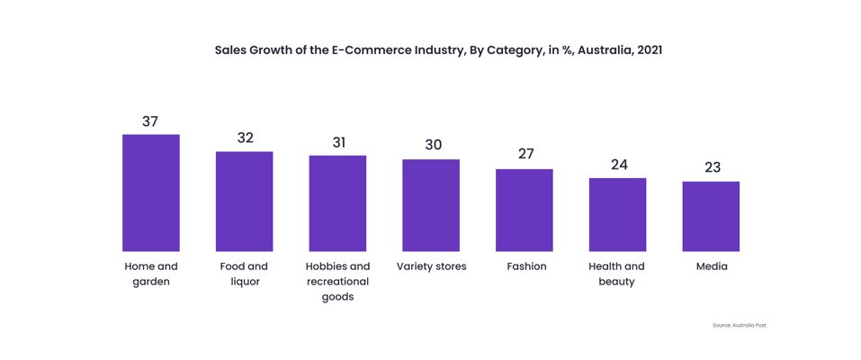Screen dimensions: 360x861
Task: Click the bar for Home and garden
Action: pos(150,193)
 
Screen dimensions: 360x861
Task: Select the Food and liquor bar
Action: pos(244,201)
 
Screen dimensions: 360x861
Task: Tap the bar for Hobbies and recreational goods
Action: pos(337,203)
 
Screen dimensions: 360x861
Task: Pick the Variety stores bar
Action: pos(431,205)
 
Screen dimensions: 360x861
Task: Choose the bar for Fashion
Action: pos(525,210)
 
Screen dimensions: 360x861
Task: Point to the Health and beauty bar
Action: pos(617,214)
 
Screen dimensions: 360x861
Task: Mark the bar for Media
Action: pos(711,216)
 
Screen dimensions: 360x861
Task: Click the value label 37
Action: pos(150,121)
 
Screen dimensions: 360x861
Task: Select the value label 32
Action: pos(245,138)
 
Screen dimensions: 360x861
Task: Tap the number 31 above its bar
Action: pos(338,142)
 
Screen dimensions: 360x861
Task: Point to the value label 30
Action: pos(433,145)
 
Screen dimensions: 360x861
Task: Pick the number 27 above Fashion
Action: pos(525,154)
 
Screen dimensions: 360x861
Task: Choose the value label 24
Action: pos(619,165)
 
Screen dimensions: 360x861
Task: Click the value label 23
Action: pos(713,167)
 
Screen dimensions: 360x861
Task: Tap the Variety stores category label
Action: pos(432,266)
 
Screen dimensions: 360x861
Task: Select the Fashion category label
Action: pos(526,266)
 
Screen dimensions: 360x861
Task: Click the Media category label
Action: pos(712,266)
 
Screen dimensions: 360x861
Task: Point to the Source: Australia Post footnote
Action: pos(739,325)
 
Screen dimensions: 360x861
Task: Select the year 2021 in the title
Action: pos(649,49)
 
